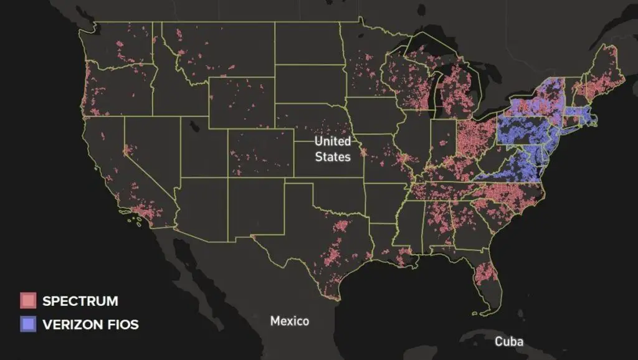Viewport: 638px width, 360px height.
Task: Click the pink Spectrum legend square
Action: pyautogui.click(x=28, y=301)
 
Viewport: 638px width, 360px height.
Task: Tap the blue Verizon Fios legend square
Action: pyautogui.click(x=28, y=324)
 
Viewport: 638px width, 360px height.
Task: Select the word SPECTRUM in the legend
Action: pyautogui.click(x=80, y=301)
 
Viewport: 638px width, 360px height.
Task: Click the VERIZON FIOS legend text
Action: pyautogui.click(x=90, y=324)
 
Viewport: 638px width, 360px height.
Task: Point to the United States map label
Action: pyautogui.click(x=332, y=149)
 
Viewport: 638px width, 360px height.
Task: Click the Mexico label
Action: pyautogui.click(x=289, y=321)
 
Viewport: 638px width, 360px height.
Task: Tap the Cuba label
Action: pyautogui.click(x=509, y=341)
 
